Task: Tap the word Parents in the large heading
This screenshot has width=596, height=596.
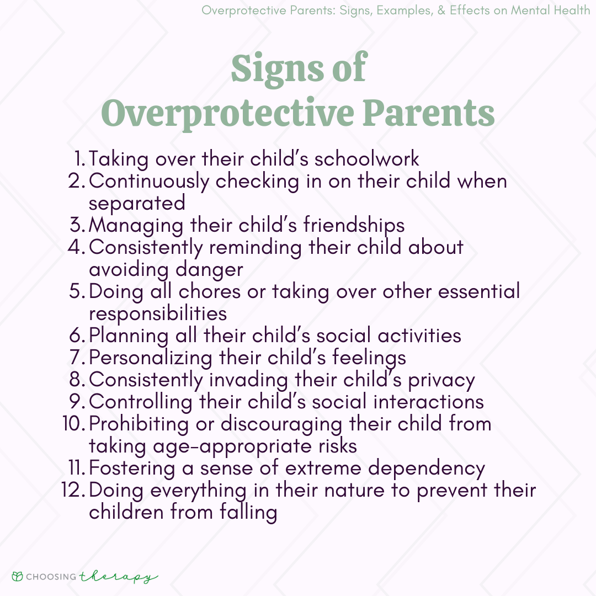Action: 429,113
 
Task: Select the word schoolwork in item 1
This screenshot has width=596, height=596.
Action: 367,159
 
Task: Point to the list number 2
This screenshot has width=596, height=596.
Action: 76,181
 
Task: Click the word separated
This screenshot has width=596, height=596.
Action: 137,204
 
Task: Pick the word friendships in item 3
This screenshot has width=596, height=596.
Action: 354,225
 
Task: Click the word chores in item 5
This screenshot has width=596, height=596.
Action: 210,292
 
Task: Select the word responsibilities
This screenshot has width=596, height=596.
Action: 158,315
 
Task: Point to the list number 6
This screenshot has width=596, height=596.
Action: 77,336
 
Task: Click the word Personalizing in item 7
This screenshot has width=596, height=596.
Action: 151,359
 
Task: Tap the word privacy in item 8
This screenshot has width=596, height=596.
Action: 441,381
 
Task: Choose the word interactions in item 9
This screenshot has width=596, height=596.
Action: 428,402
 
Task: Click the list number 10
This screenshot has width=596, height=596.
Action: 74,424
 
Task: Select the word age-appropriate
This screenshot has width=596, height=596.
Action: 232,447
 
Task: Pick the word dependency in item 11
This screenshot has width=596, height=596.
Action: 427,469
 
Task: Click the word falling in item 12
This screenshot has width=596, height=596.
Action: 248,513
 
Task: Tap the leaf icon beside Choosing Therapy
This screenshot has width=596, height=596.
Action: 18,577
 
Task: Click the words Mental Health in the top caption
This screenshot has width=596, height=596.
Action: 550,10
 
